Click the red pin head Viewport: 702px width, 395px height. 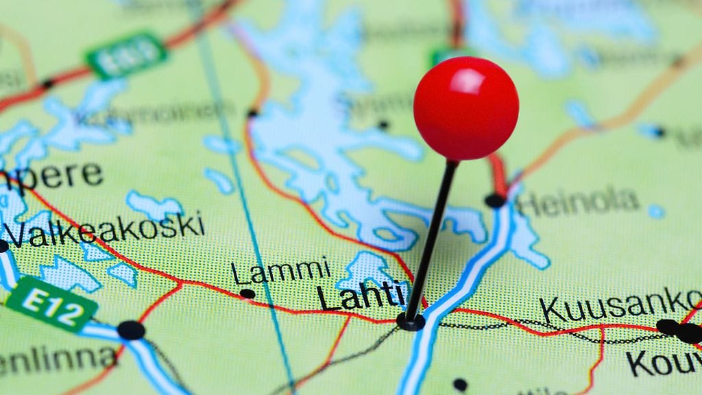point(465,108)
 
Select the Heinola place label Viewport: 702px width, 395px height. point(578,202)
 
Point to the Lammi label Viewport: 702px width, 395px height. point(280,271)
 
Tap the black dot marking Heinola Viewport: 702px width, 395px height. point(495,200)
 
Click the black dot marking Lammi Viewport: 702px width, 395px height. point(247,294)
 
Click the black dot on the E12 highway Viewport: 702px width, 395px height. point(131,330)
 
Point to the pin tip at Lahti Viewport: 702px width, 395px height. point(411,320)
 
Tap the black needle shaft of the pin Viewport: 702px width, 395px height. point(432,240)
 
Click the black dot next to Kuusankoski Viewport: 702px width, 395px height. point(666,327)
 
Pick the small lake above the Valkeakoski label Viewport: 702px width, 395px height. point(154,205)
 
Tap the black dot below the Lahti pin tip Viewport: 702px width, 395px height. point(460,384)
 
